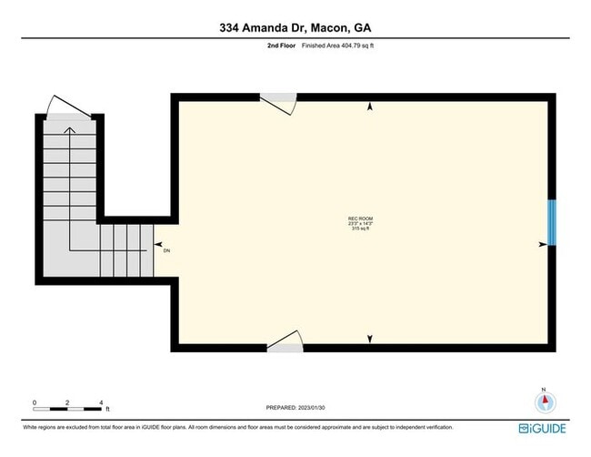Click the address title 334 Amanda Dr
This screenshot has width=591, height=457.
[295, 27]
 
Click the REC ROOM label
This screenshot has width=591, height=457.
[361, 218]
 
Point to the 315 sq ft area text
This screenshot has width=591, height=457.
[361, 228]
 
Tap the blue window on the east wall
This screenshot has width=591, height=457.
[552, 224]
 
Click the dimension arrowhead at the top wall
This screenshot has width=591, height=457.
[370, 107]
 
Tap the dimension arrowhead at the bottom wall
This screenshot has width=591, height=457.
[370, 340]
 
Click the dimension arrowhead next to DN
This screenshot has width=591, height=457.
[158, 245]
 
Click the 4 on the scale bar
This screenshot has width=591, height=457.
[102, 401]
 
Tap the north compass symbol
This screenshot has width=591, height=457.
[544, 402]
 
